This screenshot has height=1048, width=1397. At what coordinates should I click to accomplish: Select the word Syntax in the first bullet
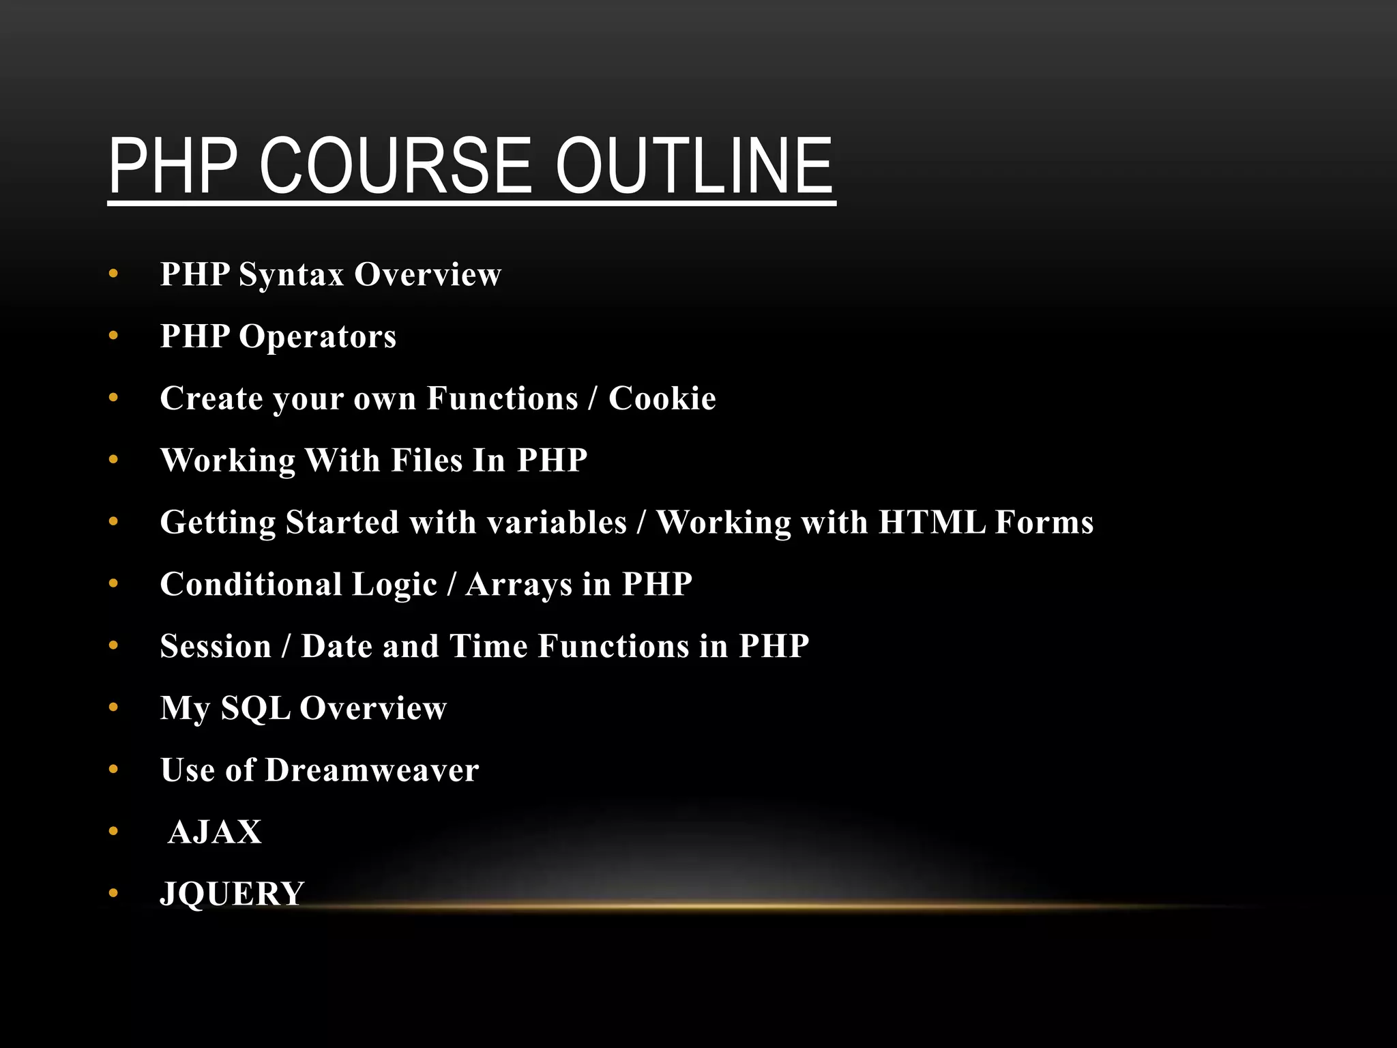291,275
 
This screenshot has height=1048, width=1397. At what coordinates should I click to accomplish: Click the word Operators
317,336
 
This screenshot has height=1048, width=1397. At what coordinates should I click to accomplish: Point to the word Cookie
662,398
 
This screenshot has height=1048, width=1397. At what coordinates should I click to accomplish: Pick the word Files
427,460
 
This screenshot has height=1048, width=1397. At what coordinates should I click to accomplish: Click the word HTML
932,522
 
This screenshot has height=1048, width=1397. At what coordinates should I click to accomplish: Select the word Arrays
519,585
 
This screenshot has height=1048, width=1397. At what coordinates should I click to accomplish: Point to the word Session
216,646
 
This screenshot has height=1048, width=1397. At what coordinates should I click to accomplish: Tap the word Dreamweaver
372,770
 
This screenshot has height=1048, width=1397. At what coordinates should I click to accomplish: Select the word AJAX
215,832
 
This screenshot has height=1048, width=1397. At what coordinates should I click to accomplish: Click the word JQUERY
232,894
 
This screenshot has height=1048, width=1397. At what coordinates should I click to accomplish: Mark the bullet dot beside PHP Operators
113,336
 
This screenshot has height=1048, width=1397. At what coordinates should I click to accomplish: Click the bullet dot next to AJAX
113,832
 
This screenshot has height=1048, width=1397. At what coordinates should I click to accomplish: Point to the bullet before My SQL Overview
113,708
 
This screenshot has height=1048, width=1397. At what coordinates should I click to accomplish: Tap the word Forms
1044,522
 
